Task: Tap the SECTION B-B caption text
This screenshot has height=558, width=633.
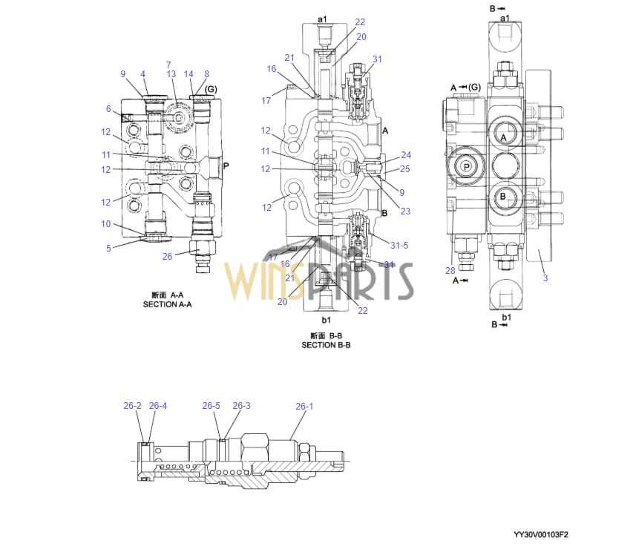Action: pos(326,345)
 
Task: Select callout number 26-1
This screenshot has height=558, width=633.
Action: pos(304,406)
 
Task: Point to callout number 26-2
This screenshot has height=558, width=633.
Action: pos(132,406)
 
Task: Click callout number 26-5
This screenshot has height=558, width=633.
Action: pos(211,406)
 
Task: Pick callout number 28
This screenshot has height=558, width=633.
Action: pos(450,270)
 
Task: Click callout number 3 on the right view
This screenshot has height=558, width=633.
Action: pos(545,278)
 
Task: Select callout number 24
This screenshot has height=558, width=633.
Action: pos(405,155)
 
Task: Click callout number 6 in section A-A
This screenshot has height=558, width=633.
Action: pos(108,109)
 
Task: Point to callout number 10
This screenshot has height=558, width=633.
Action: pos(106,224)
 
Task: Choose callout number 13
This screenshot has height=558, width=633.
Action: pos(171,74)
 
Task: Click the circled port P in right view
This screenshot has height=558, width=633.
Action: pos(466,166)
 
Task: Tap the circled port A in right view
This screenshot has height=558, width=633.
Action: pos(503,138)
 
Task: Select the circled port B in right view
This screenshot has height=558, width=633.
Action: pos(502,197)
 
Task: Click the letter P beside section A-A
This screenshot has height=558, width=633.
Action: pos(226,167)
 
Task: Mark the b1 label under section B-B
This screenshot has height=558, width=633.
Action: pos(325,320)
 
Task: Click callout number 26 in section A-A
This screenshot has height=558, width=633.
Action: pos(167,257)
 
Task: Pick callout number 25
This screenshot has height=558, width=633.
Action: pos(405,169)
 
